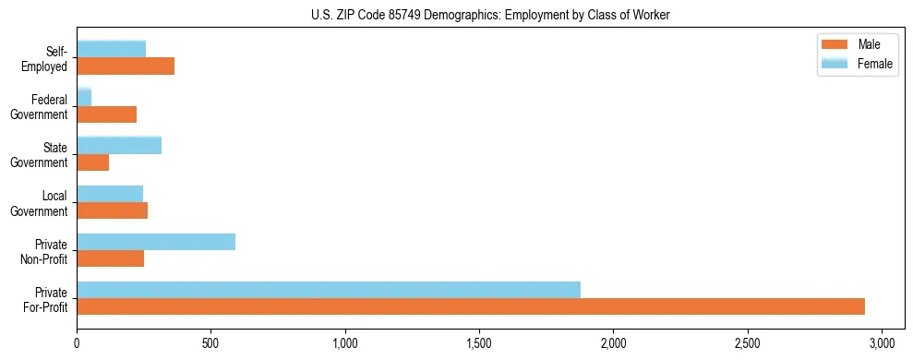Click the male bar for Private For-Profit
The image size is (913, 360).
pos(471,306)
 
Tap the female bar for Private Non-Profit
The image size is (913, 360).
pos(156,242)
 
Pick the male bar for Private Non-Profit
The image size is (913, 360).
pos(111,258)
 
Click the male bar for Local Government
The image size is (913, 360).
pos(113,210)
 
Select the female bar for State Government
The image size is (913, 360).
pos(119,145)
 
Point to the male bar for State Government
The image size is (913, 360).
pos(93,162)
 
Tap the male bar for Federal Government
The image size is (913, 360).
pos(107,114)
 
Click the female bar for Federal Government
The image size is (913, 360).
pos(84,97)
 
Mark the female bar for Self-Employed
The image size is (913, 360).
pos(112,49)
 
